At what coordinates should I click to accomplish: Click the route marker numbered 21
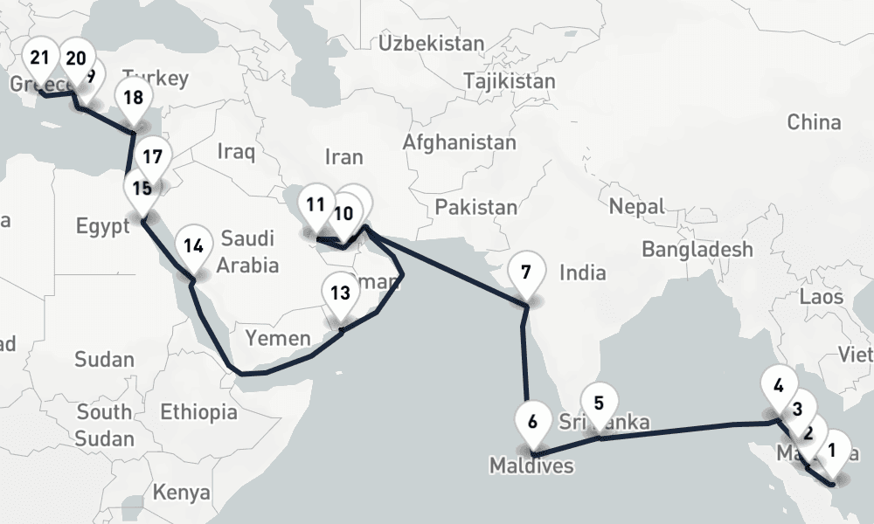[x=39, y=59]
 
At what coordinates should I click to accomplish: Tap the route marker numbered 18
[x=133, y=98]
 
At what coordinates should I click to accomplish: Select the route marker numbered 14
[x=193, y=246]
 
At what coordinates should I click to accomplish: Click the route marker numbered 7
[x=525, y=272]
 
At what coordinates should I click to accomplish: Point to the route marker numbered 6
[x=532, y=421]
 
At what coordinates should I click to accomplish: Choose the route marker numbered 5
[x=599, y=403]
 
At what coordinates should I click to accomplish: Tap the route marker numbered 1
[x=831, y=452]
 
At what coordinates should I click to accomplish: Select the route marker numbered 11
[x=316, y=206]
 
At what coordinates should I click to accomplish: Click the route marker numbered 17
[x=152, y=158]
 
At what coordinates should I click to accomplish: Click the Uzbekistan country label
[x=432, y=43]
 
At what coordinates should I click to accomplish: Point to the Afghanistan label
[x=460, y=141]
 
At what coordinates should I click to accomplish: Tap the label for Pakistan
[x=476, y=207]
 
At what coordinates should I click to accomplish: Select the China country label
[x=814, y=122]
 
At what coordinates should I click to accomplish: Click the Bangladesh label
[x=697, y=250]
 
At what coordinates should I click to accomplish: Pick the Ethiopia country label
[x=198, y=411]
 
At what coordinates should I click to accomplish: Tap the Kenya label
[x=182, y=493]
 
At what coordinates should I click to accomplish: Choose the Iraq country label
[x=236, y=153]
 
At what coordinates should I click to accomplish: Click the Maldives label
[x=531, y=465]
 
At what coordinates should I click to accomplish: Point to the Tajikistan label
[x=510, y=81]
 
